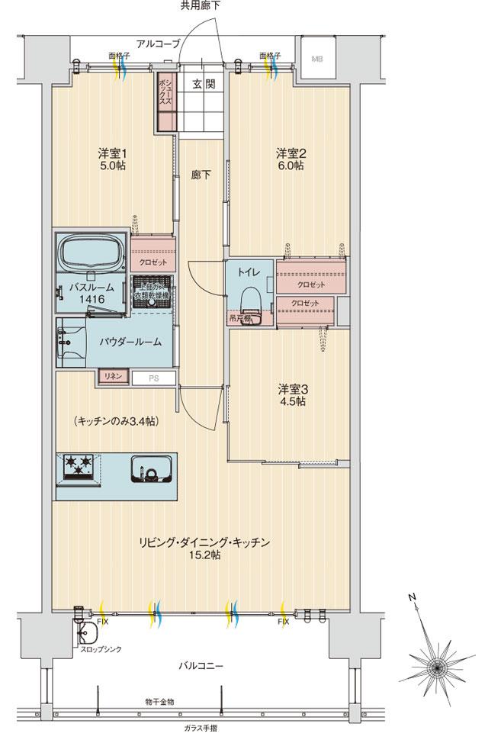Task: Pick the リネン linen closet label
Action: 111,377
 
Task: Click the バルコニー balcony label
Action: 201,665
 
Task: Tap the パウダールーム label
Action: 130,342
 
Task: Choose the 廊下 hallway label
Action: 201,174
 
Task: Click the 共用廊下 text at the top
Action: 201,6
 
